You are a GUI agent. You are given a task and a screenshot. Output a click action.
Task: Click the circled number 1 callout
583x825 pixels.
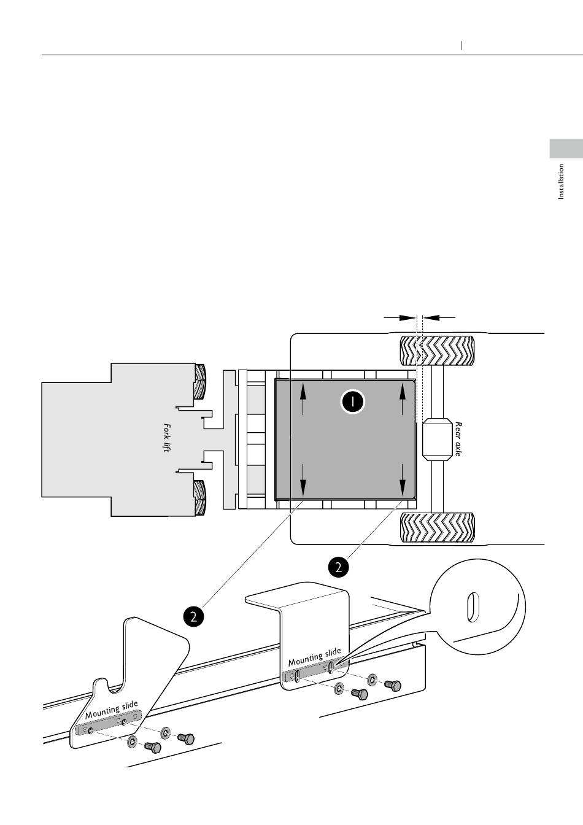(x=352, y=402)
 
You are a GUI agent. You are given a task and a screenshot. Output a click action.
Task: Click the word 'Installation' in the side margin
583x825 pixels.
(x=561, y=181)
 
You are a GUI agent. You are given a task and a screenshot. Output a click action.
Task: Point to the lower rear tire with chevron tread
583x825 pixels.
(x=437, y=528)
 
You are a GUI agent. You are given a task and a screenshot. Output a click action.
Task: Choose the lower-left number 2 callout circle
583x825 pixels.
(x=193, y=616)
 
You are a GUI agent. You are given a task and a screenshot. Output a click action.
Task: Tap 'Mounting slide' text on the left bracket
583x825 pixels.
(x=111, y=710)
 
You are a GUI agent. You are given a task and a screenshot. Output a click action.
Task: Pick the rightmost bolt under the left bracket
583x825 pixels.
(x=186, y=738)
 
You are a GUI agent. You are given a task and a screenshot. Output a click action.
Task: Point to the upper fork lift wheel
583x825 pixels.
(x=200, y=381)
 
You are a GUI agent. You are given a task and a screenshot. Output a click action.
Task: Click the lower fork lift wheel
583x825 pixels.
(x=200, y=497)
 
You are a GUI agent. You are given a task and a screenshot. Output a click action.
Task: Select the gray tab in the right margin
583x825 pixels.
(x=565, y=149)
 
